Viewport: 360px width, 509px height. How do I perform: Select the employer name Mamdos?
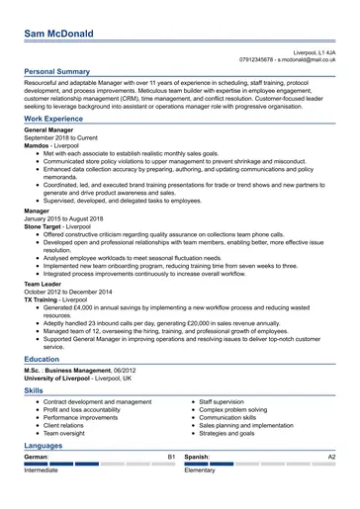pyautogui.click(x=40, y=146)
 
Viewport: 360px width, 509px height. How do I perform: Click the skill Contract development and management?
pyautogui.click(x=97, y=402)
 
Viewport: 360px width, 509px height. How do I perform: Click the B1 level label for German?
pyautogui.click(x=171, y=458)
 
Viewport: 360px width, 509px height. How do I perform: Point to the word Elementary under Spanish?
pyautogui.click(x=200, y=470)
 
